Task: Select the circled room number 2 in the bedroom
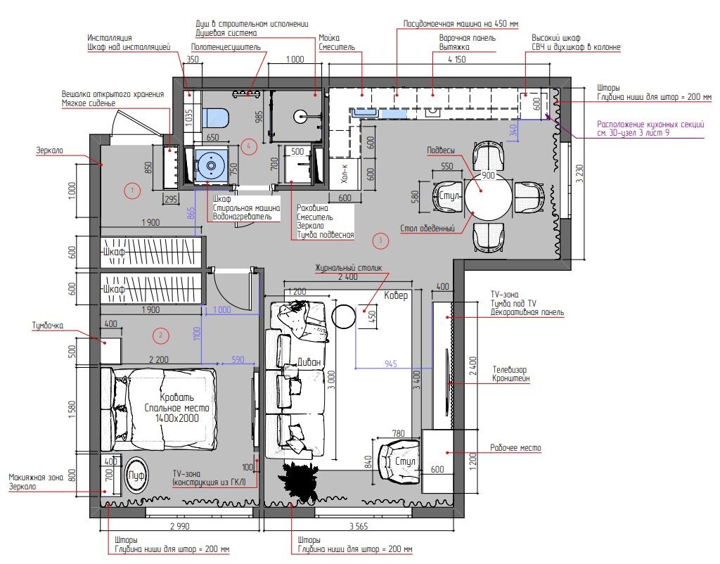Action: [161, 335]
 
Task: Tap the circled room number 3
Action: [380, 241]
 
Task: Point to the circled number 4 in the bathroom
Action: [247, 146]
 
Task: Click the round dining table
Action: [487, 195]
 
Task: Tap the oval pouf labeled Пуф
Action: [136, 476]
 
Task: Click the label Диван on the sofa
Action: [309, 362]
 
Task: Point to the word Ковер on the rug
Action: [396, 296]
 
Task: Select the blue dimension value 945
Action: [391, 364]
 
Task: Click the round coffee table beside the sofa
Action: [345, 316]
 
